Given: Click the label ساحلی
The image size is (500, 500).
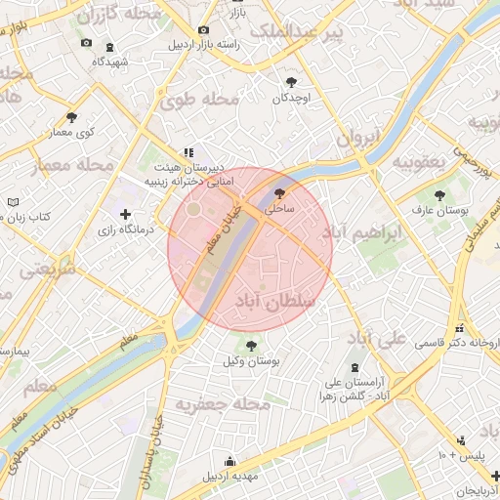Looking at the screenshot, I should pyautogui.click(x=280, y=209).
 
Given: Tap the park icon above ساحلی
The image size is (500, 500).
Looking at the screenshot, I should pyautogui.click(x=280, y=193).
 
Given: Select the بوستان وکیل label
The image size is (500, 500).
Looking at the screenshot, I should pyautogui.click(x=252, y=361).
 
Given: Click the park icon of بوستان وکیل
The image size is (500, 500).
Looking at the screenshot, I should pyautogui.click(x=252, y=346).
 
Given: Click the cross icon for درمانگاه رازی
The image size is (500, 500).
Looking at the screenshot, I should pyautogui.click(x=124, y=214).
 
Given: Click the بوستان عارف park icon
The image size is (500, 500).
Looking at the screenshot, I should pyautogui.click(x=438, y=194).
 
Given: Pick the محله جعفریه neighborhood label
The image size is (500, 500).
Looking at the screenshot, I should pyautogui.click(x=222, y=403).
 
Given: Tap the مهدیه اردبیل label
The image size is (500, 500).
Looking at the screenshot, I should pyautogui.click(x=229, y=478).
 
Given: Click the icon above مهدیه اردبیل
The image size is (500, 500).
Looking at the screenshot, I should pyautogui.click(x=229, y=462).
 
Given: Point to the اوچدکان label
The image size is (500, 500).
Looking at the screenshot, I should pyautogui.click(x=291, y=98).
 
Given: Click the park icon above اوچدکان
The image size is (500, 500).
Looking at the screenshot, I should pyautogui.click(x=291, y=82).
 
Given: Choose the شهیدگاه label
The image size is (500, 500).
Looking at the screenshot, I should pyautogui.click(x=109, y=61).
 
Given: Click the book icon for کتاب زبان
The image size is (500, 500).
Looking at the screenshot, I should pyautogui.click(x=13, y=201).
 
